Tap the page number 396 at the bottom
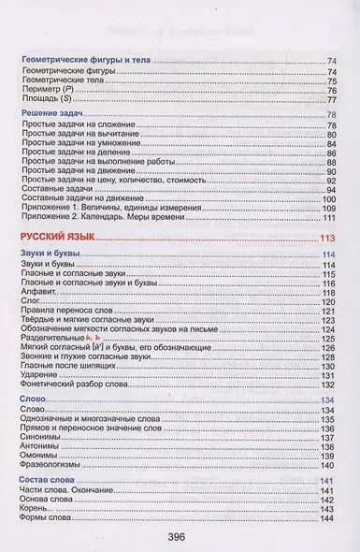[x=180, y=537]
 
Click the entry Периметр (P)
[x=48, y=90]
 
